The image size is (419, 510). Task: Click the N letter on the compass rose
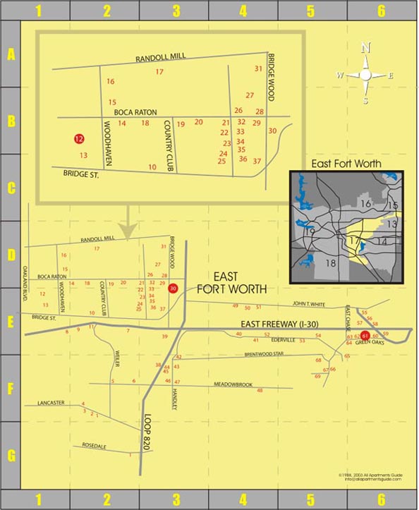[x=365, y=48]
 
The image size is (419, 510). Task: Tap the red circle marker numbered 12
[x=79, y=139]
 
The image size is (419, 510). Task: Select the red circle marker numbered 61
[x=365, y=336]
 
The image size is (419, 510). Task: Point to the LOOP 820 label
[x=147, y=432]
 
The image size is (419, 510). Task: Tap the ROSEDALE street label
[x=94, y=446]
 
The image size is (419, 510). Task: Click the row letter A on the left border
[x=11, y=54]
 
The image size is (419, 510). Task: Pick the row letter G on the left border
[x=11, y=455]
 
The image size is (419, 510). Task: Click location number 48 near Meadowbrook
[x=260, y=391]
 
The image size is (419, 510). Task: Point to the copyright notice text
[x=370, y=478]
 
